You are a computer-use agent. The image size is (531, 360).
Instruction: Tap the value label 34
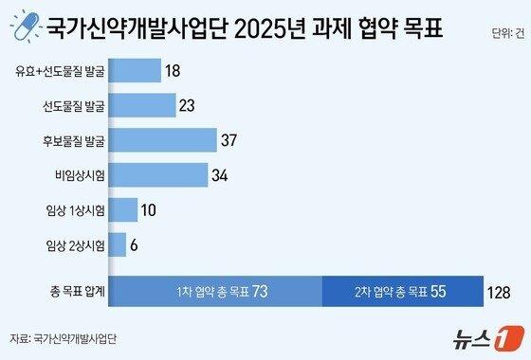221,175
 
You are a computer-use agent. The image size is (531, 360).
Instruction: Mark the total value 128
500,291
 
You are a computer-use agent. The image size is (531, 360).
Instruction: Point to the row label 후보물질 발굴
74,140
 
